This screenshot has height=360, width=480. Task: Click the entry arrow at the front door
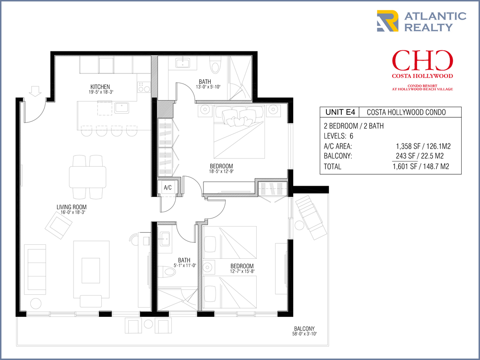pyautogui.click(x=35, y=91)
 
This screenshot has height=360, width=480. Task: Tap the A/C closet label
pyautogui.click(x=168, y=188)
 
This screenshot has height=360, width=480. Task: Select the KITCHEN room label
pyautogui.click(x=100, y=86)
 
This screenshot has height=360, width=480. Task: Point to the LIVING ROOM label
pyautogui.click(x=72, y=207)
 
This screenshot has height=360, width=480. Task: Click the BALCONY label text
pyautogui.click(x=304, y=328)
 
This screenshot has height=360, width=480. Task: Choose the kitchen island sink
pyautogui.click(x=121, y=108)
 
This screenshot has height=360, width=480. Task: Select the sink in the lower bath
pyautogui.click(x=165, y=238)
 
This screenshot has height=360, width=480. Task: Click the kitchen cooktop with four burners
pyautogui.click(x=144, y=87)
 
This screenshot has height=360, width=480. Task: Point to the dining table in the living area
pyautogui.click(x=87, y=177)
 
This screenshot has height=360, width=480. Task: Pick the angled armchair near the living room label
pyautogui.click(x=59, y=226)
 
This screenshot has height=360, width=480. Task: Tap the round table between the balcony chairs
pyautogui.click(x=148, y=324)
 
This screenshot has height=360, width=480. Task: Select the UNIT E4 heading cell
pyautogui.click(x=340, y=112)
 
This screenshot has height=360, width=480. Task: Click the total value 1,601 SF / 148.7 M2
pyautogui.click(x=421, y=167)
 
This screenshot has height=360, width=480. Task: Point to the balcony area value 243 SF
pyautogui.click(x=406, y=156)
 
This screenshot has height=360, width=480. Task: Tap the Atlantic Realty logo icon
pyautogui.click(x=387, y=21)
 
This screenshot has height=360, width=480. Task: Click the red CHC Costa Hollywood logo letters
pyautogui.click(x=422, y=60)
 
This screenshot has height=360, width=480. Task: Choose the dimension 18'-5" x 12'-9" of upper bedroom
pyautogui.click(x=221, y=171)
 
